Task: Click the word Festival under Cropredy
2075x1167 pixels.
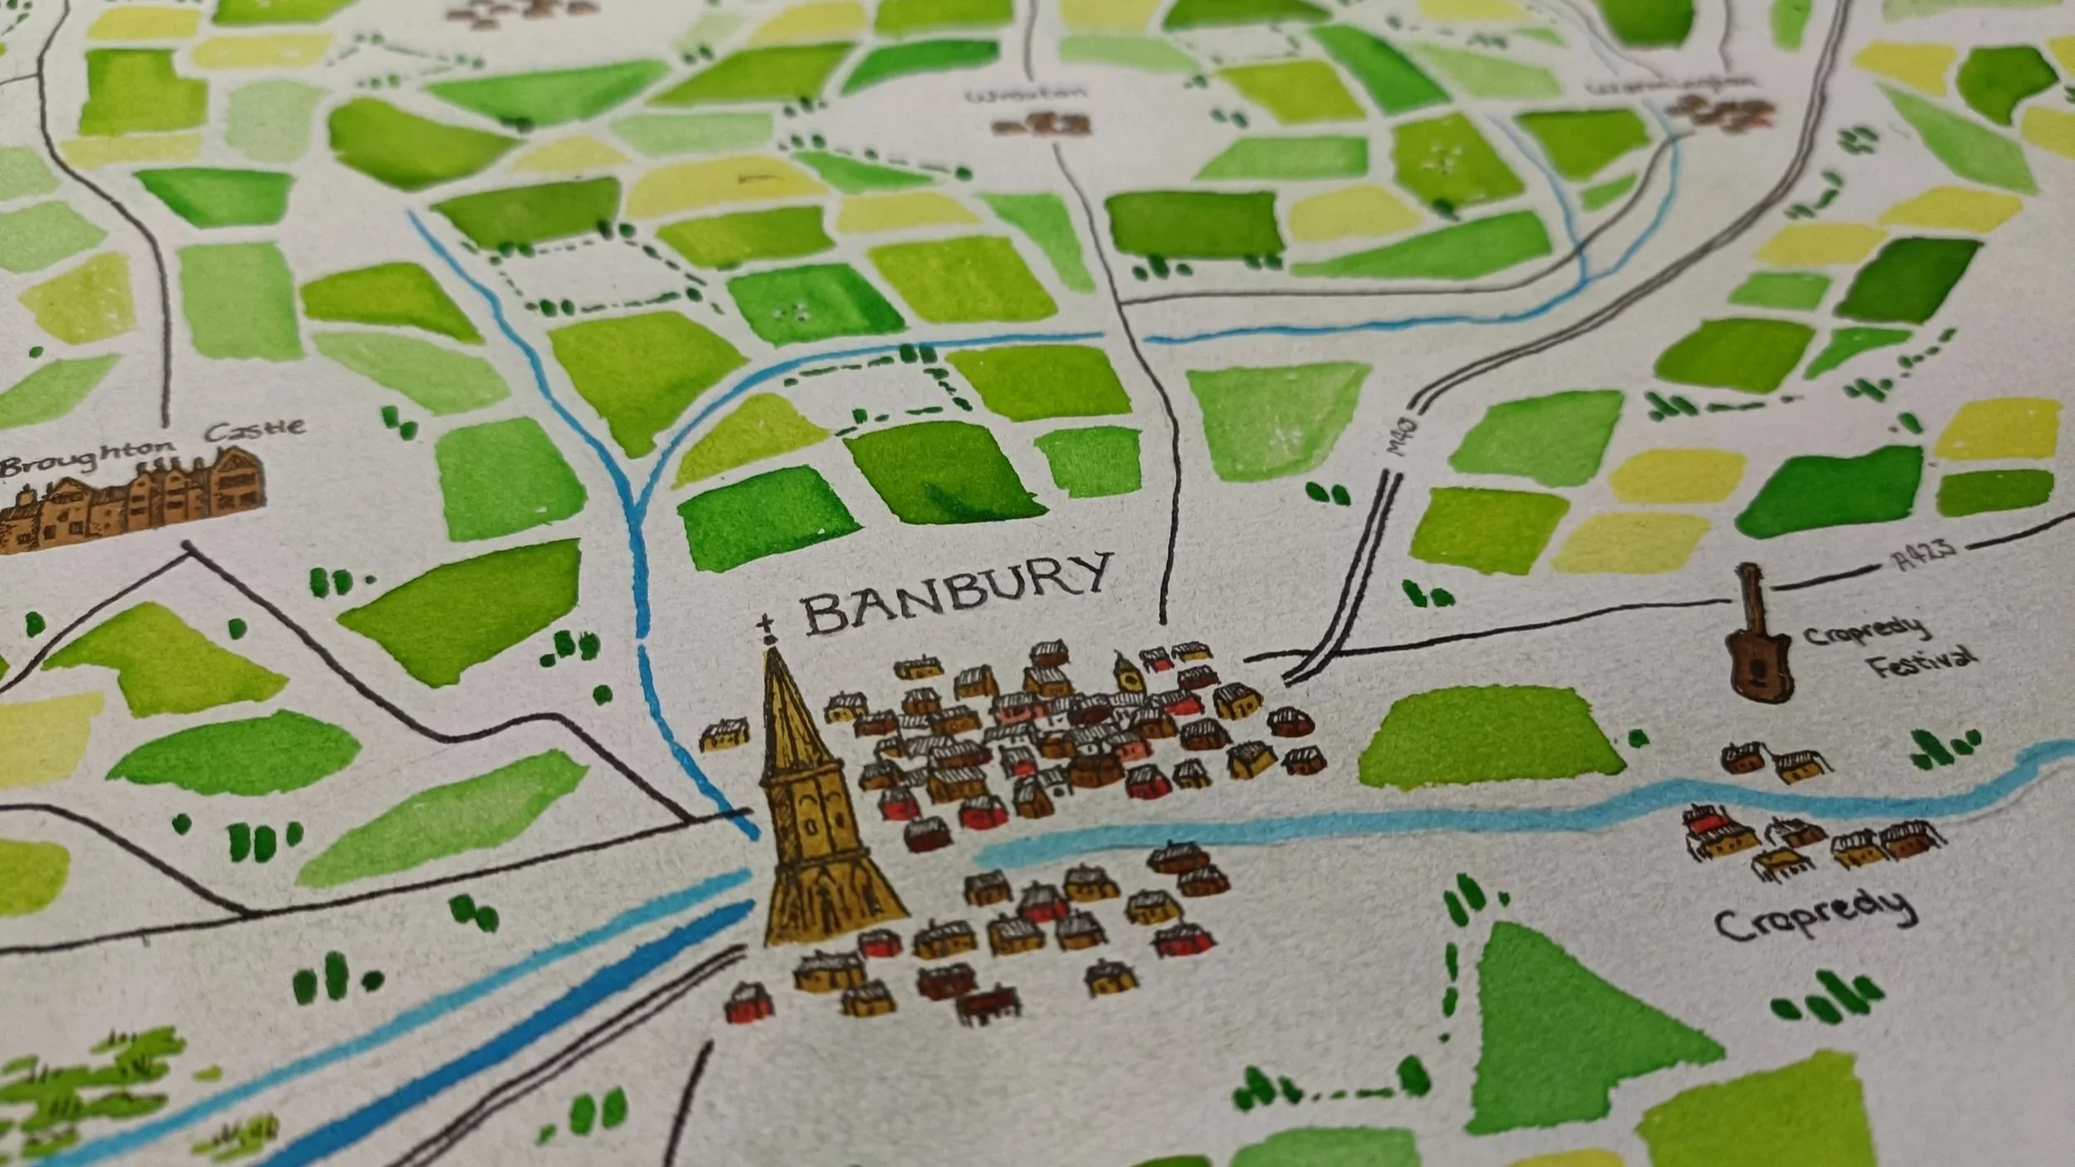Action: click(1921, 665)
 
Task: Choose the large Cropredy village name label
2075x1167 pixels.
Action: click(1814, 913)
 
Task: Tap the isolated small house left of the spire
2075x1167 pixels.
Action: click(725, 735)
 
